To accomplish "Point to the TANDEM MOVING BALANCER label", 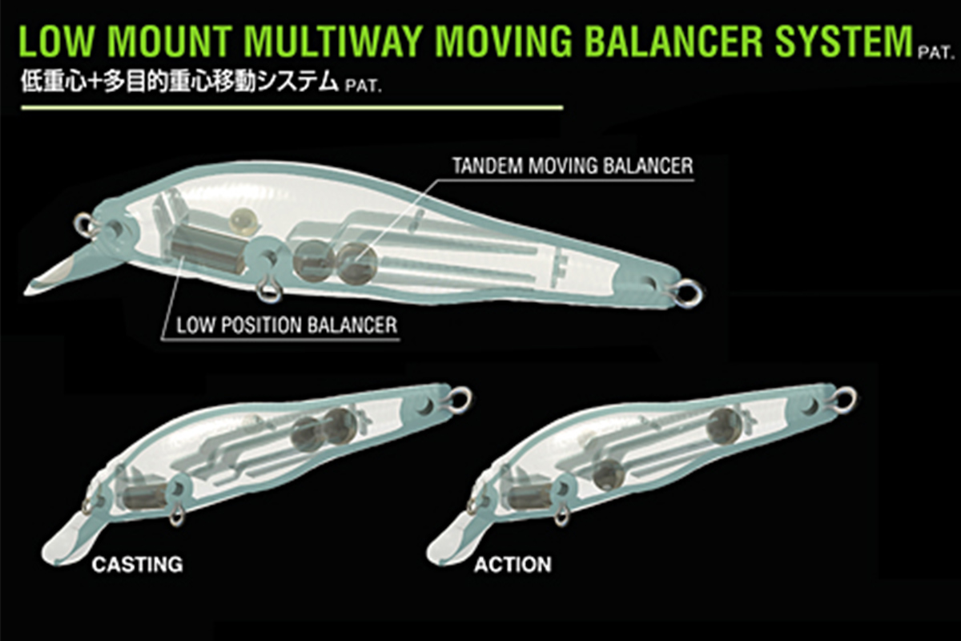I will [x=572, y=167].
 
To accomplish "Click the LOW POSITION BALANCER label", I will [x=287, y=326].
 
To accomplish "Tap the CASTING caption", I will [x=137, y=564].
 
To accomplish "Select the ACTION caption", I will [x=513, y=564].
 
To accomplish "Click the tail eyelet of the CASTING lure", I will [x=460, y=396].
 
